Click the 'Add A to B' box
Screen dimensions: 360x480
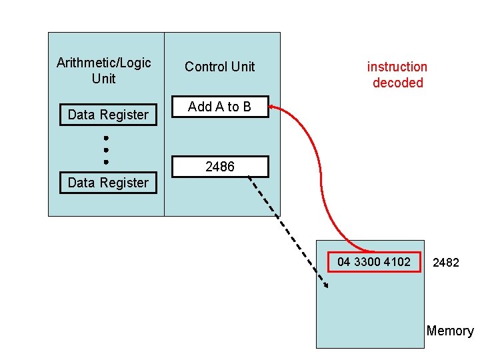point(220,107)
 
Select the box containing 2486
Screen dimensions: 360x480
point(220,167)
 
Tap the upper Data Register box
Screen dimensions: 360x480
point(108,115)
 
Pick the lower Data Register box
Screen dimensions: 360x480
point(108,183)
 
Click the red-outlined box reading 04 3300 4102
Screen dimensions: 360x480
point(374,262)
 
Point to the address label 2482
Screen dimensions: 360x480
point(446,263)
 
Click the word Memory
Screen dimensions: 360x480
point(450,331)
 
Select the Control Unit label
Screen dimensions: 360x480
point(220,67)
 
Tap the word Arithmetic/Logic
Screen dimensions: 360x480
point(104,63)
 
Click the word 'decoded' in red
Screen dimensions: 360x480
point(398,83)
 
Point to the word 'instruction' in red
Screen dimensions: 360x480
point(397,67)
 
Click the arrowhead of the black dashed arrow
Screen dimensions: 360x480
point(325,287)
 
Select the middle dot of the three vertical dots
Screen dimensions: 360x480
point(106,150)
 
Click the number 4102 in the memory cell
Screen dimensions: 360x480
point(397,262)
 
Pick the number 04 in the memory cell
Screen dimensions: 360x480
point(344,262)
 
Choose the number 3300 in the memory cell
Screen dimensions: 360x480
point(367,262)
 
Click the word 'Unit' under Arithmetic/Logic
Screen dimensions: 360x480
point(104,79)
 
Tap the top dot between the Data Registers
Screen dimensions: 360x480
point(106,139)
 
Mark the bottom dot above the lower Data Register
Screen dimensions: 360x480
point(106,161)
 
